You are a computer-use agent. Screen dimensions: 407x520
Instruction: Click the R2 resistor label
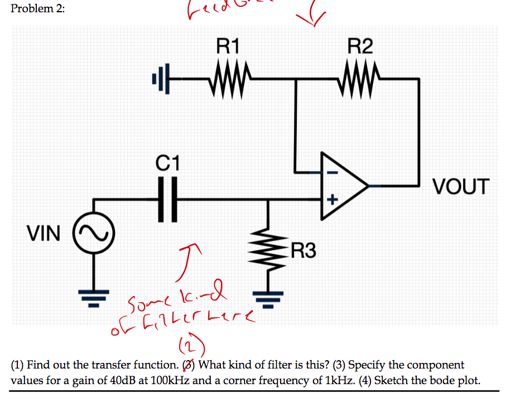tap(360, 46)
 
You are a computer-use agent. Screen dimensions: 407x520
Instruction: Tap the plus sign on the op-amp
tap(331, 198)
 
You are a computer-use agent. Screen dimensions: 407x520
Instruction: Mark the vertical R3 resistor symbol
tap(269, 251)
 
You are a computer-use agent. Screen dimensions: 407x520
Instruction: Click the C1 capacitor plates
tap(167, 198)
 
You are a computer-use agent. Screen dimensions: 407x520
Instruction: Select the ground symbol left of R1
tap(157, 79)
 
